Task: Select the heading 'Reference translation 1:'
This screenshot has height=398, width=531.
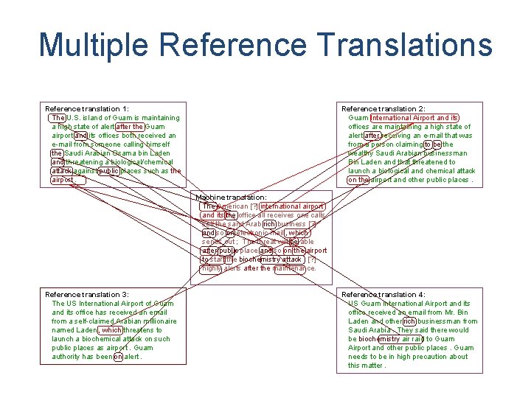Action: [87, 109]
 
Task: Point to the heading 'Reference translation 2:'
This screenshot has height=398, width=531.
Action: [383, 109]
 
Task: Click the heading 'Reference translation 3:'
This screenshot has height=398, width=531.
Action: [87, 295]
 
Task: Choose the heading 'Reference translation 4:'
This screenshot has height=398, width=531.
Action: [383, 295]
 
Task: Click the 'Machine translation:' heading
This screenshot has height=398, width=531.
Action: [231, 198]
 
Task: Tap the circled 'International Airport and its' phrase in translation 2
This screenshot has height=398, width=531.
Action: [414, 118]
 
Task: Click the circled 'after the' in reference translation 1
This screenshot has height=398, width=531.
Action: [130, 127]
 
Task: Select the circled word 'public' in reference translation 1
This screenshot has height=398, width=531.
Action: [108, 171]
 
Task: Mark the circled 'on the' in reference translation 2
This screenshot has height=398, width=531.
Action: [358, 180]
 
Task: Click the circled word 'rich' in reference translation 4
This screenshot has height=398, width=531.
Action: [409, 321]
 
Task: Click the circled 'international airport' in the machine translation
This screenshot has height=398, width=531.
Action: [292, 206]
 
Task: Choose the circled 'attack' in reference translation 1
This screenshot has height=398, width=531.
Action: [61, 171]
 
